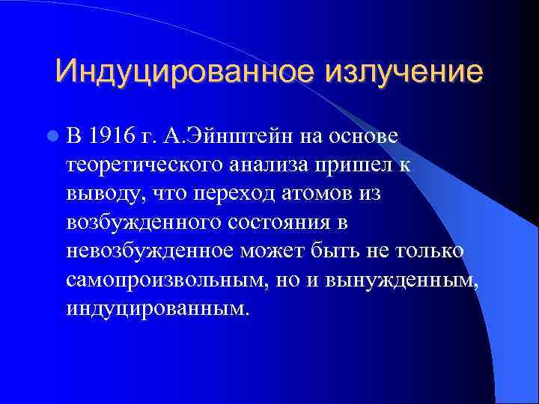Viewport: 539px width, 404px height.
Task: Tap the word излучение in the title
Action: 403,73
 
